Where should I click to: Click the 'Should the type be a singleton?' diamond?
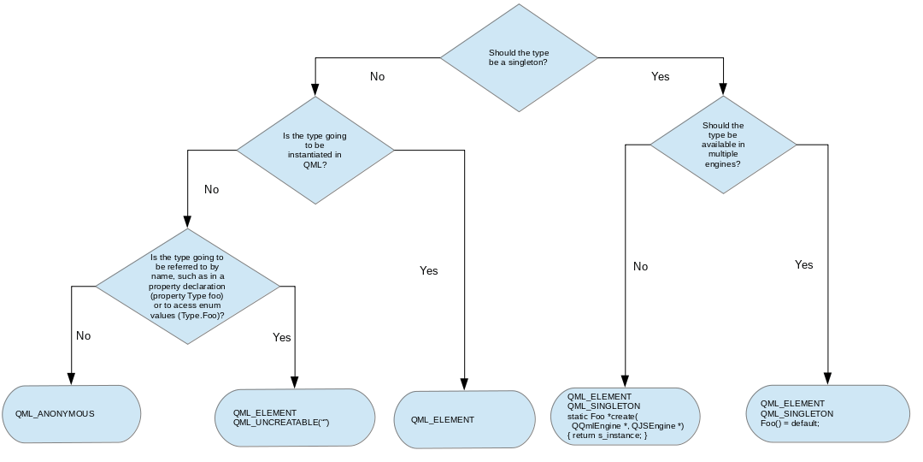pyautogui.click(x=519, y=57)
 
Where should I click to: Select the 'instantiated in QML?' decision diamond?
pyautogui.click(x=315, y=150)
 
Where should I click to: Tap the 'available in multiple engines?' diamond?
pyautogui.click(x=723, y=145)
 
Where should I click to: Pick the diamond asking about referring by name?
pyautogui.click(x=187, y=286)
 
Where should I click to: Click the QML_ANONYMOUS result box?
pyautogui.click(x=71, y=413)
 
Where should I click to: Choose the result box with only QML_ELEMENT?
pyautogui.click(x=464, y=419)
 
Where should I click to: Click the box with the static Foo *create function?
pyautogui.click(x=626, y=417)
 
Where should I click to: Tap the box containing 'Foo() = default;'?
pyautogui.click(x=828, y=413)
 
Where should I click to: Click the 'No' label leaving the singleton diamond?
pyautogui.click(x=377, y=76)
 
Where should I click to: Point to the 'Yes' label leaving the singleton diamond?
pyautogui.click(x=660, y=76)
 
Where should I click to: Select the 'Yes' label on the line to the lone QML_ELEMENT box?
pyautogui.click(x=428, y=270)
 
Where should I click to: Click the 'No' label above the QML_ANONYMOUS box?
pyautogui.click(x=83, y=335)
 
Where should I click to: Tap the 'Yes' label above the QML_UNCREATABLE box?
pyautogui.click(x=281, y=337)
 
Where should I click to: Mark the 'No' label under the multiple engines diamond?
pyautogui.click(x=640, y=266)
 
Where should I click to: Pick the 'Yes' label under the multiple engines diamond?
pyautogui.click(x=803, y=264)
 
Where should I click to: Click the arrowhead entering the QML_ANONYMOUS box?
pyautogui.click(x=71, y=379)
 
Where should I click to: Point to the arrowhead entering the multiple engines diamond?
pyautogui.click(x=723, y=89)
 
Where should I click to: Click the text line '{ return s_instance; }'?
pyautogui.click(x=608, y=436)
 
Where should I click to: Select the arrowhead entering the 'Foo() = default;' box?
pyautogui.click(x=828, y=378)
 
